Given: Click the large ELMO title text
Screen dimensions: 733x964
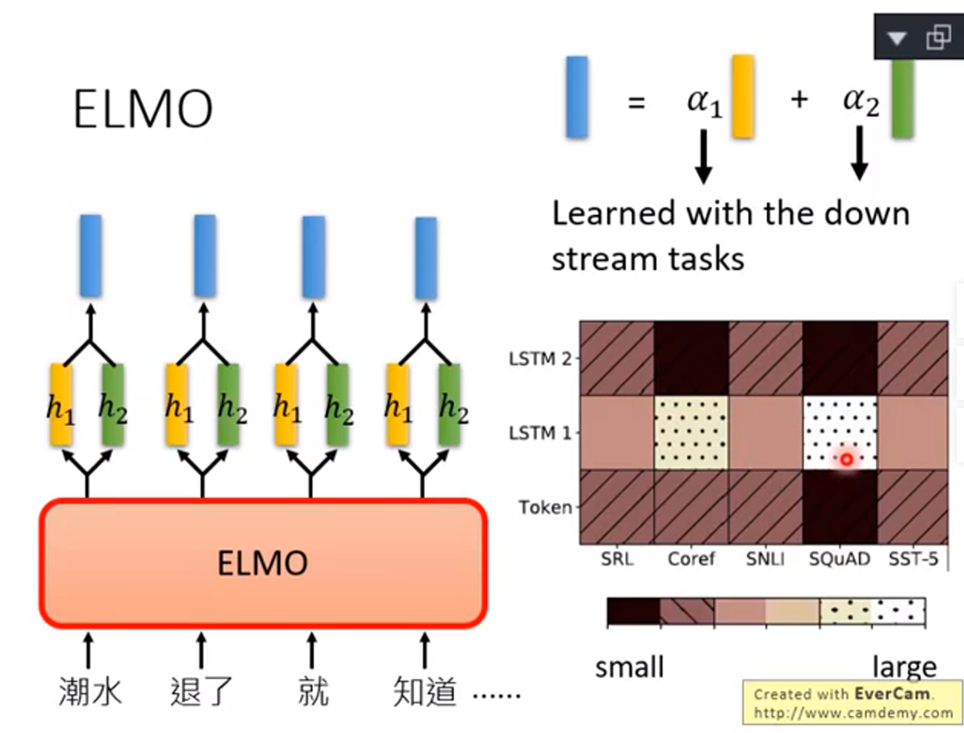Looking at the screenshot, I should [143, 110].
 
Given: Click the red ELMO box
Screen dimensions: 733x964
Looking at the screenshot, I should [262, 563].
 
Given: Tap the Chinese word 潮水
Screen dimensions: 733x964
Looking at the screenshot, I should [90, 692].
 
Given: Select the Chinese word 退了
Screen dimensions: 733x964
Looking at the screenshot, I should [201, 692].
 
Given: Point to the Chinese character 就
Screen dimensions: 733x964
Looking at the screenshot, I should [312, 692].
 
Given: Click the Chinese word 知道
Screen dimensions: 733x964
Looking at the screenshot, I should [425, 692].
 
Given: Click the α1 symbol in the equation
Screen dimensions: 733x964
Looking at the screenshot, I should [704, 103].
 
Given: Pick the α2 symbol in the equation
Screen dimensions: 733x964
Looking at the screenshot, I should [861, 102].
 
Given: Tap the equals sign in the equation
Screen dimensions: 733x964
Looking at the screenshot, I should [636, 103].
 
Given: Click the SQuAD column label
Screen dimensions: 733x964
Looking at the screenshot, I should [839, 558].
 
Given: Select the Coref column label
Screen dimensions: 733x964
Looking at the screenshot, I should [691, 558].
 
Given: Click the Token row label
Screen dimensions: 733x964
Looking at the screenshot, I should [546, 508].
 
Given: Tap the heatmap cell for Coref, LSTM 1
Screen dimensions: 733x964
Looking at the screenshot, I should [691, 432].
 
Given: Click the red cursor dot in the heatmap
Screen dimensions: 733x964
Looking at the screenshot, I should [846, 459].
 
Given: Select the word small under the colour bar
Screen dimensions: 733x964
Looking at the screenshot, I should [629, 668].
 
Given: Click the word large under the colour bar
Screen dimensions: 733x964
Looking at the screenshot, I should [904, 668].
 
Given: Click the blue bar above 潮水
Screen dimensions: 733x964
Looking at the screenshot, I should [90, 255].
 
